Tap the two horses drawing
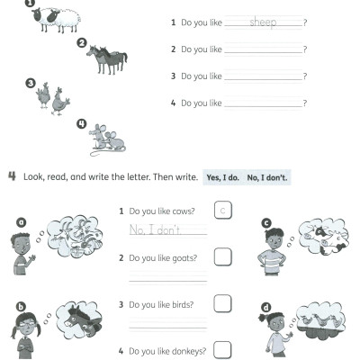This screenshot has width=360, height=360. click(107, 60)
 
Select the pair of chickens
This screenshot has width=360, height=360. click(53, 100)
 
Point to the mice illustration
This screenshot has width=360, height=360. click(106, 139)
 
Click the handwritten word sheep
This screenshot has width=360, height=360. click(263, 22)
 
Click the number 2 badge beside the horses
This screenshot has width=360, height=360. click(82, 42)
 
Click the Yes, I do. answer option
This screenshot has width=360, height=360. click(221, 177)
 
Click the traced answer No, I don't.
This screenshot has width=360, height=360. click(155, 230)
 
